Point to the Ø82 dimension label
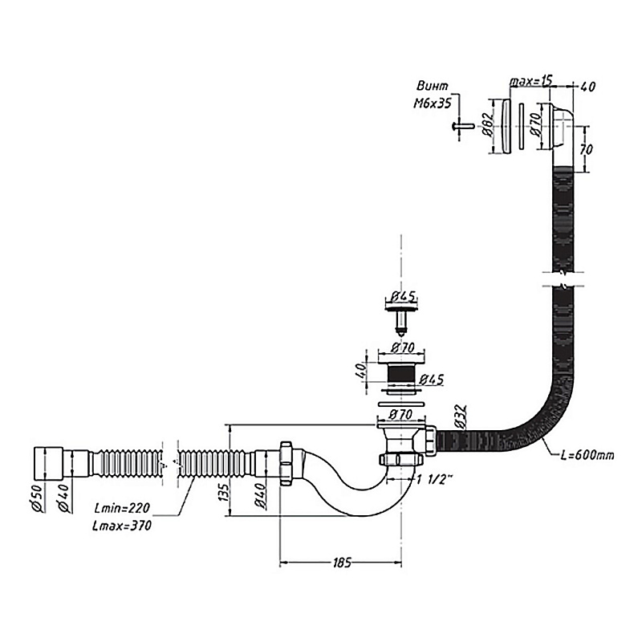(x=488, y=124)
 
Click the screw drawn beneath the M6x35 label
(x=461, y=126)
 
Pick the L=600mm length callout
(x=588, y=455)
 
